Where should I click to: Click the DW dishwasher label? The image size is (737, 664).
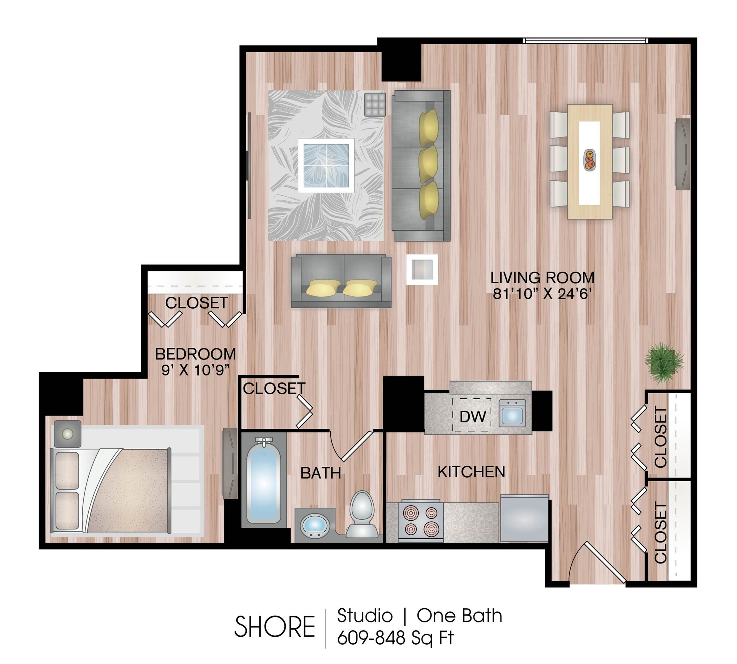[x=472, y=416]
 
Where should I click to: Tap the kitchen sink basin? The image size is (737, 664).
[x=512, y=413]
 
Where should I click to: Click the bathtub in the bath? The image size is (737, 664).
[x=263, y=482]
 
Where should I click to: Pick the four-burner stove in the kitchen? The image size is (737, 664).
[x=421, y=521]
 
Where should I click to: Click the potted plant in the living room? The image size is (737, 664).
[x=664, y=362]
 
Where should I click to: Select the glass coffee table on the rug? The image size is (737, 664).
[x=326, y=165]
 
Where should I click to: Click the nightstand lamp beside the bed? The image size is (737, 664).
[x=67, y=434]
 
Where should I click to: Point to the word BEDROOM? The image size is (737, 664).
[x=195, y=354]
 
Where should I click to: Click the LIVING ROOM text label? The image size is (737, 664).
[x=542, y=278]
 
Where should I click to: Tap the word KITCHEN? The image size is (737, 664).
[x=471, y=472]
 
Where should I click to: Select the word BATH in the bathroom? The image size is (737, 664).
[x=321, y=473]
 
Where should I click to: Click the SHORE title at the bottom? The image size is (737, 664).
[x=274, y=626]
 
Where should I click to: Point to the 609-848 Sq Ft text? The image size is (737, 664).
[x=396, y=638]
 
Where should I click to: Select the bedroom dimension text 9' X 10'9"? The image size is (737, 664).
[x=195, y=371]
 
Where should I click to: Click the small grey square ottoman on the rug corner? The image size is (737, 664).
[x=375, y=104]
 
